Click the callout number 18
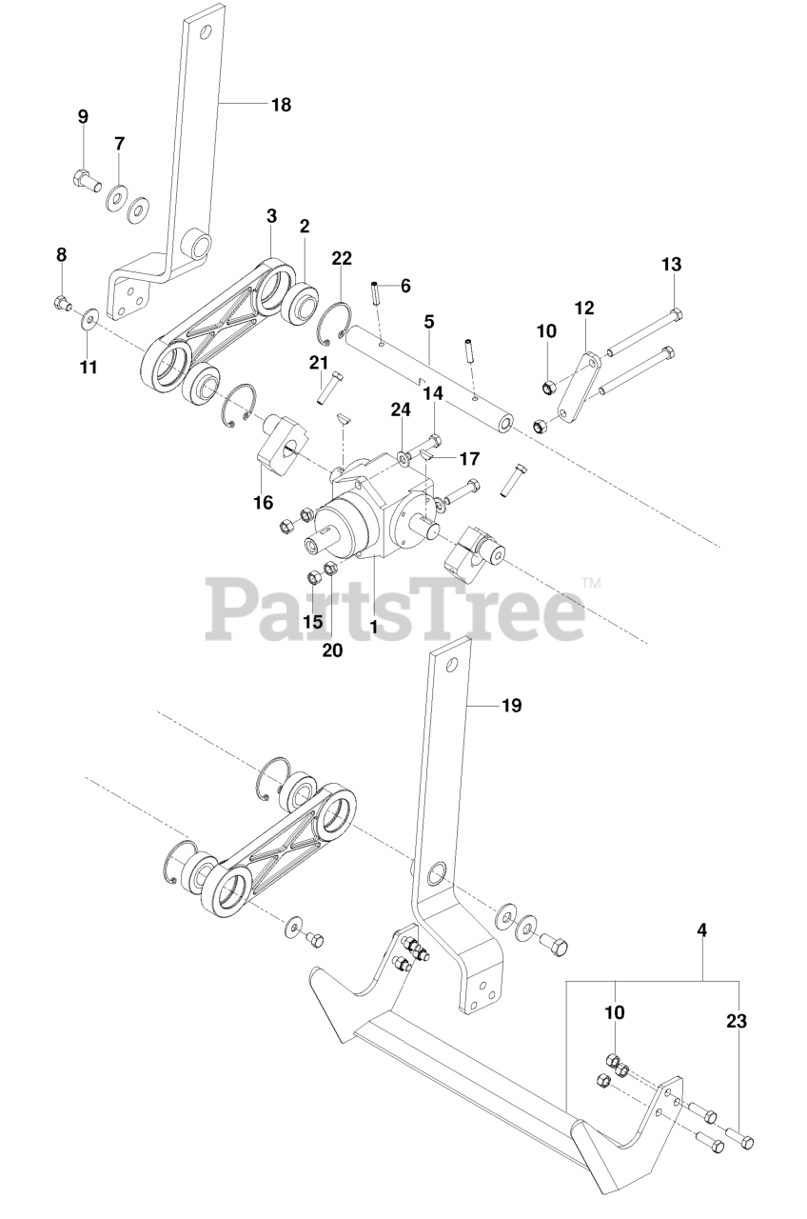pyautogui.click(x=281, y=105)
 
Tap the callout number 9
pyautogui.click(x=83, y=116)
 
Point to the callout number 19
pyautogui.click(x=511, y=706)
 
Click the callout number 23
pyautogui.click(x=735, y=1022)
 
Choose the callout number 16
pyautogui.click(x=263, y=502)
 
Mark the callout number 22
pyautogui.click(x=342, y=259)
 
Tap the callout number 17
pyautogui.click(x=469, y=458)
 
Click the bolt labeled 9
pyautogui.click(x=86, y=177)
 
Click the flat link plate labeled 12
pyautogui.click(x=580, y=389)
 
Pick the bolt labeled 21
pyautogui.click(x=328, y=387)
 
